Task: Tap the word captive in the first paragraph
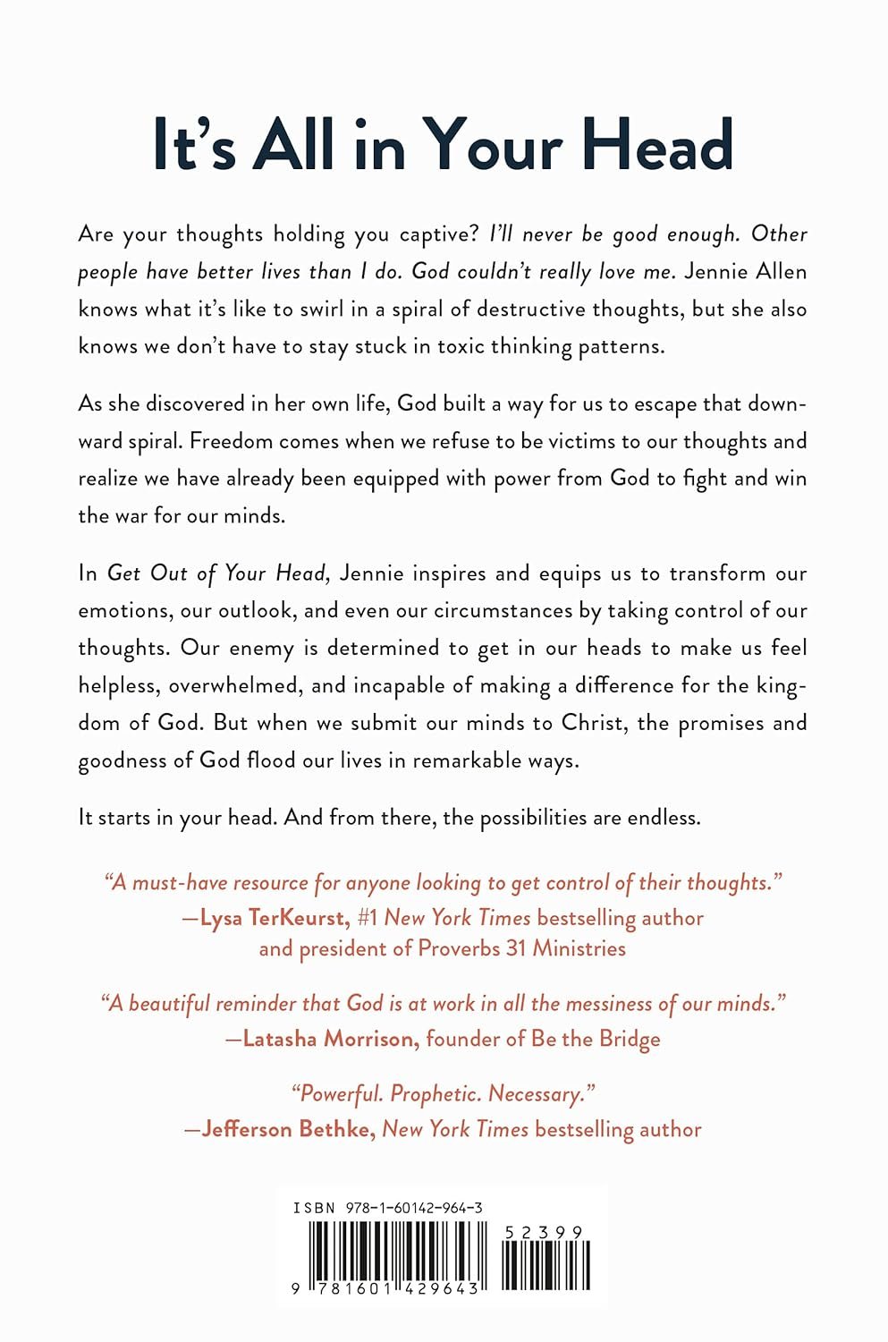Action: (x=436, y=234)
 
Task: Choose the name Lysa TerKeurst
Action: (x=273, y=918)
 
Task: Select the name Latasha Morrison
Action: (x=329, y=1039)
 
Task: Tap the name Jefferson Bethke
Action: (x=286, y=1129)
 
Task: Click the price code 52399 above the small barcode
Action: (x=544, y=1232)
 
